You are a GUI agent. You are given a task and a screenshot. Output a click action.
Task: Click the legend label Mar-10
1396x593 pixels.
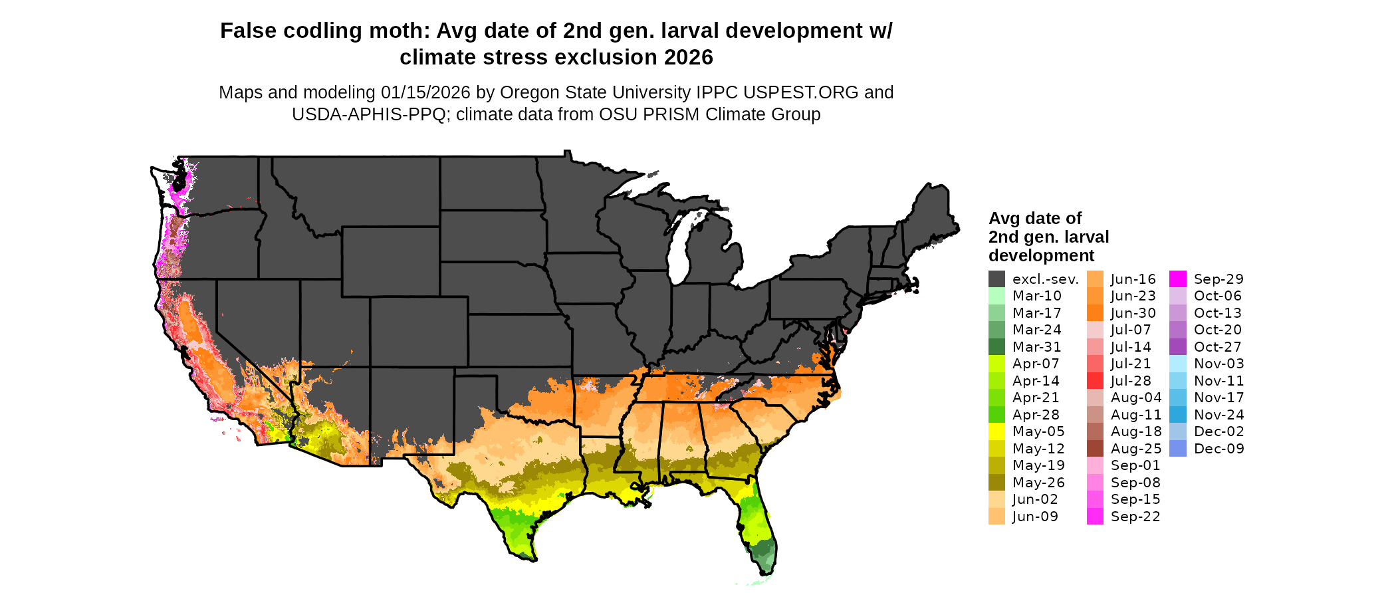click(x=1036, y=296)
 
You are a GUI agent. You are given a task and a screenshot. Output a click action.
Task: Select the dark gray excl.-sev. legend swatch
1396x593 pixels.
click(x=996, y=279)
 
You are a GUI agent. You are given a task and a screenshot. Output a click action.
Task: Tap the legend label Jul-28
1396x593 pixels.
click(x=1131, y=381)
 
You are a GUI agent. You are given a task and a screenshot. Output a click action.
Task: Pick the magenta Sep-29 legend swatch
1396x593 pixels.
click(x=1178, y=279)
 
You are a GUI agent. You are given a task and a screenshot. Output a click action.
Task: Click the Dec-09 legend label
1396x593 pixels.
click(x=1219, y=449)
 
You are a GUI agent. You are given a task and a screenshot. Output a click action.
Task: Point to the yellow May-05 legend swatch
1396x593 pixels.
click(x=996, y=431)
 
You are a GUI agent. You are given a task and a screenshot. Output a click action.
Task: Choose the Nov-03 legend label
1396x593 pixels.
click(x=1219, y=364)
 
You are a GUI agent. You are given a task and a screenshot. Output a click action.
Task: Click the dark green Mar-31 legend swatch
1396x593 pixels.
click(x=996, y=347)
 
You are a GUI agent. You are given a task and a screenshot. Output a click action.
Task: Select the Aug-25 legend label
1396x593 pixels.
click(x=1136, y=449)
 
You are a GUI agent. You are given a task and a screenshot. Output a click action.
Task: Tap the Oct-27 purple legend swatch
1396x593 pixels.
click(x=1178, y=347)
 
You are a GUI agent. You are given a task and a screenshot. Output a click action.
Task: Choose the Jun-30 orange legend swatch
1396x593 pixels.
click(x=1095, y=313)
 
